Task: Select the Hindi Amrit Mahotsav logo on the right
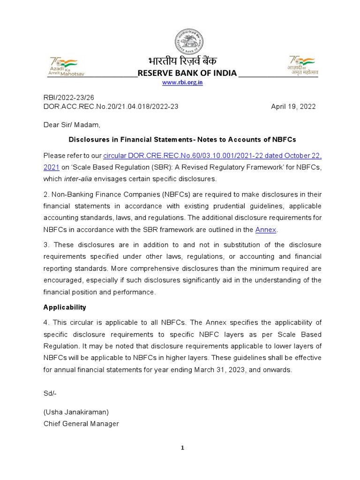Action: pos(303,66)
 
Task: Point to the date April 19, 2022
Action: pos(293,106)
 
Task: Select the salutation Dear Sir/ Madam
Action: pos(72,125)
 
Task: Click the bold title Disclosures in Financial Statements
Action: pos(182,140)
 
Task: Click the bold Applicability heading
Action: pos(65,307)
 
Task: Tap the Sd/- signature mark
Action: pos(50,393)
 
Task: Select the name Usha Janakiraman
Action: pos(76,412)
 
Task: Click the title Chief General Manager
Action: pos(81,424)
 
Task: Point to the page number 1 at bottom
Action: pos(183,448)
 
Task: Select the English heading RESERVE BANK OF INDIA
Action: pos(187,74)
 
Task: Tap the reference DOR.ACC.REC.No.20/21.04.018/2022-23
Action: pos(111,106)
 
